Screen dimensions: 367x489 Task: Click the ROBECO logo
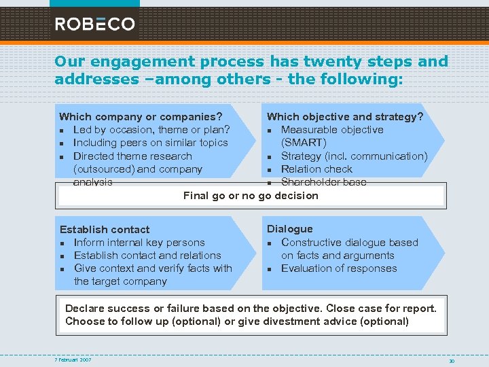(x=94, y=24)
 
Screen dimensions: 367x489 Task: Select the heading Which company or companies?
(x=141, y=117)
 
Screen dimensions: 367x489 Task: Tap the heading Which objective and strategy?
(x=345, y=117)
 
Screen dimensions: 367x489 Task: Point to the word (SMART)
(x=304, y=143)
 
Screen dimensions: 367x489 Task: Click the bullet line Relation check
(x=316, y=169)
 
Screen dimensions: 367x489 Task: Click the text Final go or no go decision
(x=251, y=196)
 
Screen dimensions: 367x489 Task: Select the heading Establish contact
(x=105, y=230)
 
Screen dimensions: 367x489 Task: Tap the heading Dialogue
(x=290, y=229)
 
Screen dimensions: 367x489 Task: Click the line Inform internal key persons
(x=139, y=243)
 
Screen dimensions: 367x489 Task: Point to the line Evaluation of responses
(x=339, y=268)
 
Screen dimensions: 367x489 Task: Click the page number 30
(x=450, y=360)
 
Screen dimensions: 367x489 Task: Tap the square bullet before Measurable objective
(x=270, y=130)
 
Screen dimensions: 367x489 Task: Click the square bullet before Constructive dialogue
(x=270, y=243)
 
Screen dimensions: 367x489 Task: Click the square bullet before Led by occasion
(x=62, y=130)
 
